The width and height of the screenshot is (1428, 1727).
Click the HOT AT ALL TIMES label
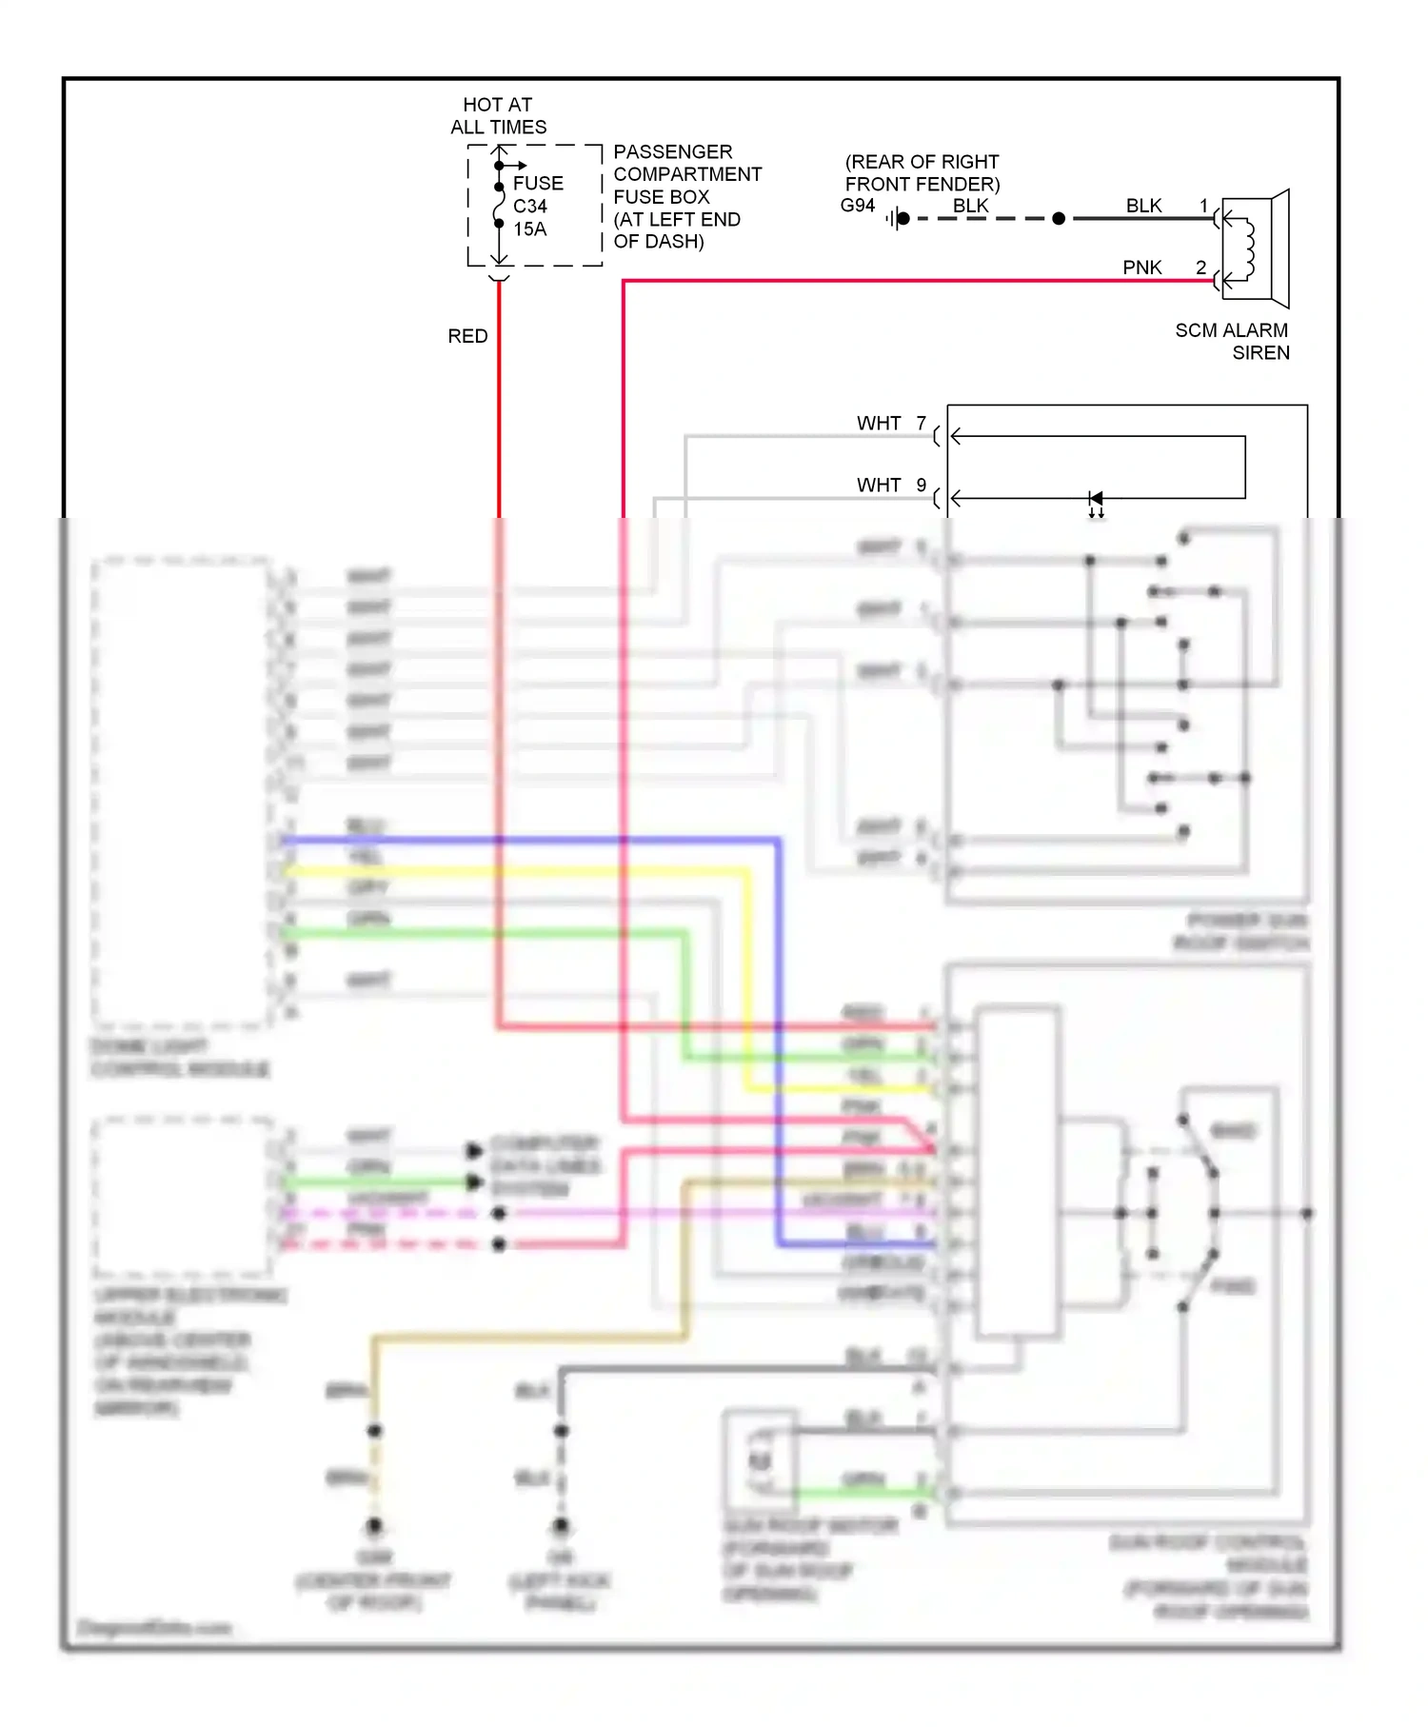(498, 116)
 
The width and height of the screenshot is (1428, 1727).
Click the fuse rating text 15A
(530, 229)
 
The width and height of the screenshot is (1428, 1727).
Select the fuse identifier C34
(530, 207)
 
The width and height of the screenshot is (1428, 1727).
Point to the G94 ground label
(858, 206)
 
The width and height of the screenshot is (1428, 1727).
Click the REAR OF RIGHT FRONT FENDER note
(922, 173)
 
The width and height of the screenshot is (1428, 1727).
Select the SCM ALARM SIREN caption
(1233, 341)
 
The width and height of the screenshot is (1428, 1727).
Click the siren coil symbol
(1247, 249)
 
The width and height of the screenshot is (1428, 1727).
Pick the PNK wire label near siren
(1141, 268)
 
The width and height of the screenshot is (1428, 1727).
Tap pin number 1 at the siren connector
(1203, 206)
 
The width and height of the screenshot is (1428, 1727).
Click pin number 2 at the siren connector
(1201, 268)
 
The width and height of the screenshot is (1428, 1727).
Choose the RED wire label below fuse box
(467, 336)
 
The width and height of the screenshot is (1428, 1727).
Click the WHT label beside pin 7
(878, 423)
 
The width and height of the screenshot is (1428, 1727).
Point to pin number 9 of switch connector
(921, 485)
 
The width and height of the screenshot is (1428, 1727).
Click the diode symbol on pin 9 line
(1096, 498)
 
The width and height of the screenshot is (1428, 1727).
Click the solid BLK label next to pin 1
(1143, 206)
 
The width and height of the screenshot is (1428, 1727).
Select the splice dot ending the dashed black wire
(1059, 219)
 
